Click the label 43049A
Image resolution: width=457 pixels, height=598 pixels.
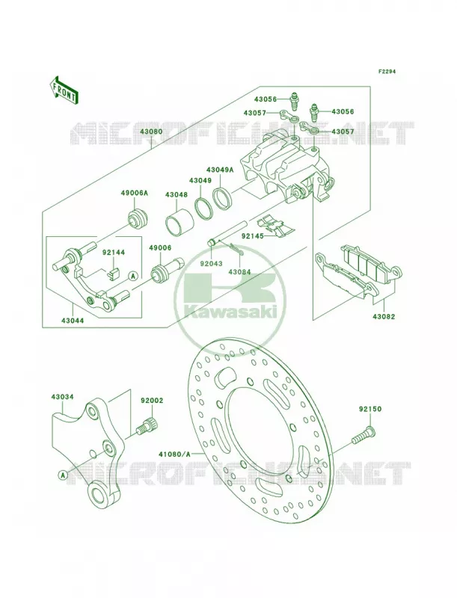pos(220,170)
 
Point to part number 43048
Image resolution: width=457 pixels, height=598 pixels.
pos(177,194)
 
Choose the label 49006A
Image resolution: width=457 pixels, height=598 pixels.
pos(135,194)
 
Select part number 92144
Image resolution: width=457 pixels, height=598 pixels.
pos(113,252)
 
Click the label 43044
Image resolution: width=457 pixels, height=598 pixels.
pos(73,321)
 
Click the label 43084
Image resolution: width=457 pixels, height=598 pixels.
pos(239,272)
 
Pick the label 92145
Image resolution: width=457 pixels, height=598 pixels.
pos(253,235)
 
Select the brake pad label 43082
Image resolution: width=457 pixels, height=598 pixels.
pos(384,316)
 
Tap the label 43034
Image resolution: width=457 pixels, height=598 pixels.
pos(63,397)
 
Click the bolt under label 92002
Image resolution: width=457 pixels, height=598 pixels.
pos(147,426)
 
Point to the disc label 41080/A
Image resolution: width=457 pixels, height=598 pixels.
pos(175,454)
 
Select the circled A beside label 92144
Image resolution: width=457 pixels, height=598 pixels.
pos(132,275)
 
